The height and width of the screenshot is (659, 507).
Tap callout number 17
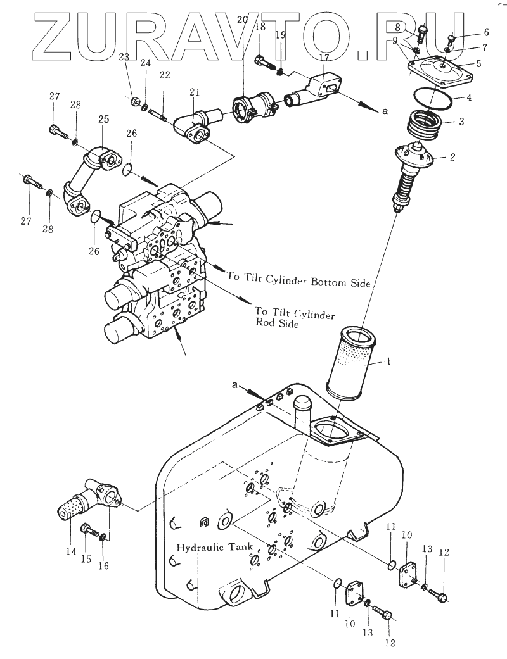coord(324,58)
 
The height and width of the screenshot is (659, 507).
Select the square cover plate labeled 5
coord(441,71)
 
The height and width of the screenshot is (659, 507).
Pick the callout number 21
coord(195,92)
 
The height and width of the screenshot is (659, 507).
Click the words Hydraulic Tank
coord(215,547)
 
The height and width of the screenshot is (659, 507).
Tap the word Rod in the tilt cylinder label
coord(265,323)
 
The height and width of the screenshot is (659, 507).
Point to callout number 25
coord(103,119)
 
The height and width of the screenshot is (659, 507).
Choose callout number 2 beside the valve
coord(452,157)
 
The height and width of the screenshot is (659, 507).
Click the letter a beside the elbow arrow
coord(383,112)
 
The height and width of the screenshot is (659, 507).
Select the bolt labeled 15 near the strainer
coord(89,530)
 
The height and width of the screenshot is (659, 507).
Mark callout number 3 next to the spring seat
coord(461,122)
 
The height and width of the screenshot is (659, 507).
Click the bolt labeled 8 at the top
coord(422,33)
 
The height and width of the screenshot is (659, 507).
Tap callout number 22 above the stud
coord(165,75)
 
